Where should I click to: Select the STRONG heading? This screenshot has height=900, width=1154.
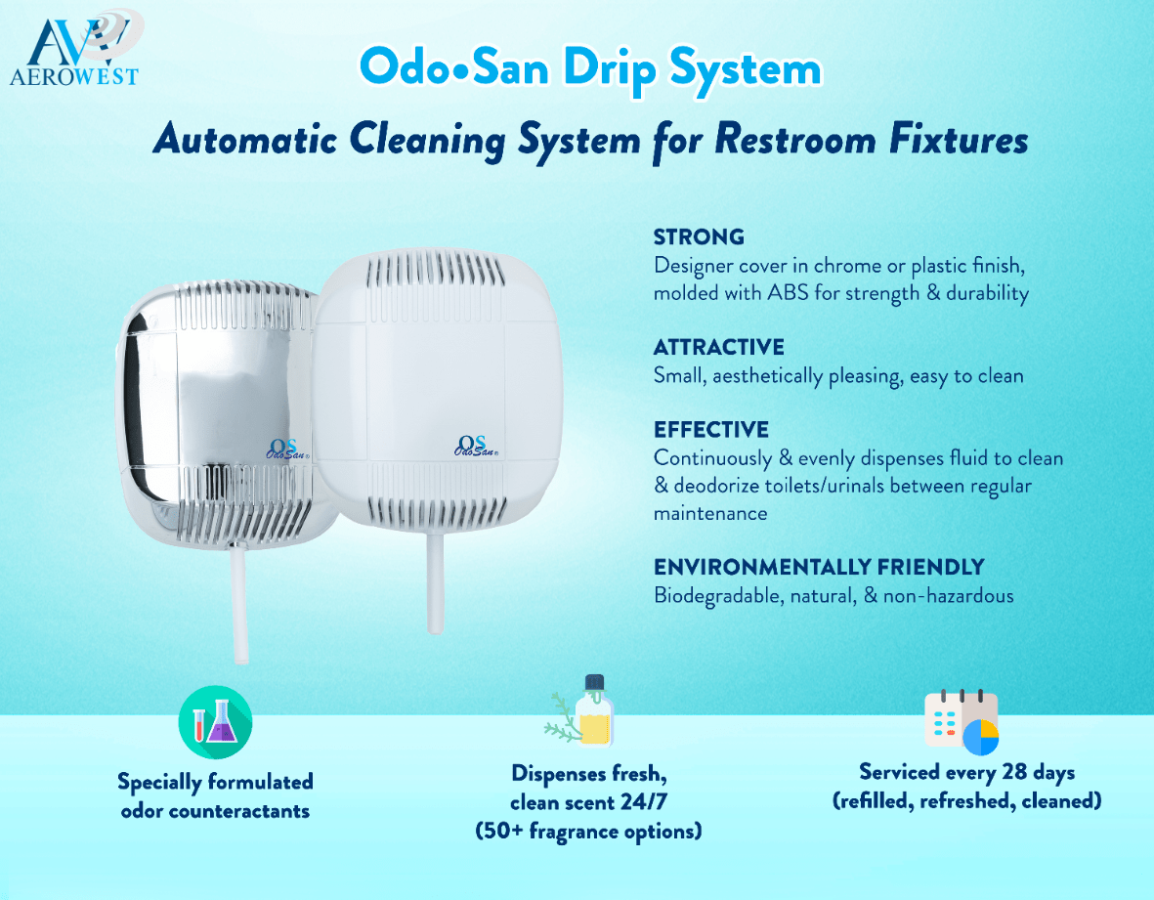point(699,236)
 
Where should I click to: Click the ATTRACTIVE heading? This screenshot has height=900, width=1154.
point(718,347)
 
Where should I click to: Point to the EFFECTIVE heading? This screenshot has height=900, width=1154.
point(710,430)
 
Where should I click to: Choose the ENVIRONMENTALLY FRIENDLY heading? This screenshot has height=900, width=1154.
point(819,568)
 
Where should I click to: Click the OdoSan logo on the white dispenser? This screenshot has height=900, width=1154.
point(477,445)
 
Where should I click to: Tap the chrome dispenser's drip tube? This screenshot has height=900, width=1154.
point(236,606)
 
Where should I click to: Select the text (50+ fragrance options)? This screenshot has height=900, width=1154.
point(588,832)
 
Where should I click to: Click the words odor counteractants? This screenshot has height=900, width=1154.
point(215,811)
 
